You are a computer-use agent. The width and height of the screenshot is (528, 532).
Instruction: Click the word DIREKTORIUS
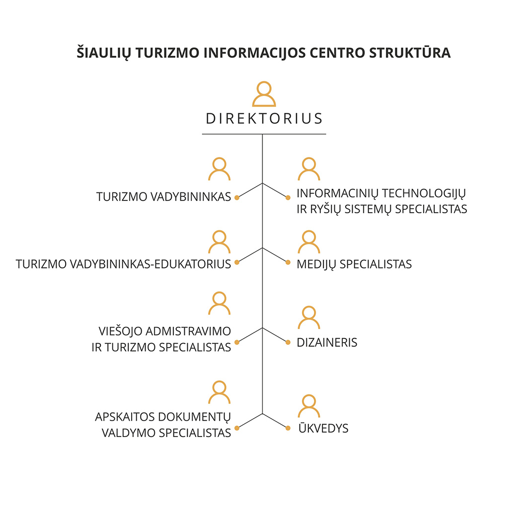click(x=264, y=118)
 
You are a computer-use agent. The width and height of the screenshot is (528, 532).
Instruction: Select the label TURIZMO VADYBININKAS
click(x=163, y=197)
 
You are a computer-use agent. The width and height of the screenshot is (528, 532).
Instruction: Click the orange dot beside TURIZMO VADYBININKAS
click(x=237, y=198)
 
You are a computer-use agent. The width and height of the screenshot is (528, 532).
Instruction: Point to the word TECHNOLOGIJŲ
click(x=424, y=194)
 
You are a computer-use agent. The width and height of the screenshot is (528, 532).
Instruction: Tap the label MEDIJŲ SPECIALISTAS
click(x=354, y=265)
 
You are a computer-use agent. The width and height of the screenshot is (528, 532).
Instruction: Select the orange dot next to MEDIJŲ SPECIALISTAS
click(x=288, y=262)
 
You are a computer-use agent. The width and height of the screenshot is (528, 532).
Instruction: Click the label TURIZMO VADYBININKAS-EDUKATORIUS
click(x=123, y=265)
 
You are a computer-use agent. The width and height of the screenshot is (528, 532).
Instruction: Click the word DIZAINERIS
click(x=327, y=343)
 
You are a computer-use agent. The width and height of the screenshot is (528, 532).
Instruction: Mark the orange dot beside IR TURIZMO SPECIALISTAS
click(x=237, y=343)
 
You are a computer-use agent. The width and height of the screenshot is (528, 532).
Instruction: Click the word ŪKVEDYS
click(x=323, y=428)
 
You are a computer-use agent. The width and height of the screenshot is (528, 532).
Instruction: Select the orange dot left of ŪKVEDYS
click(x=288, y=428)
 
